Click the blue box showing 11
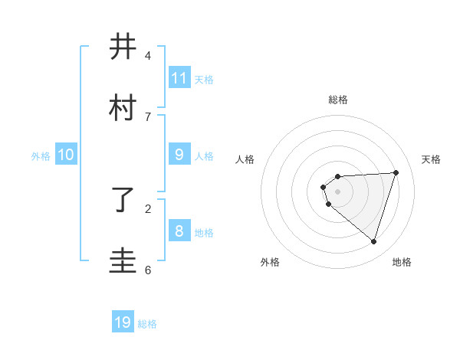click(x=179, y=77)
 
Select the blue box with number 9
click(x=179, y=154)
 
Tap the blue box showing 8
click(x=179, y=231)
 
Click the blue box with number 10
click(x=66, y=154)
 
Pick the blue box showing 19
click(x=123, y=322)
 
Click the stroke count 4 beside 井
click(x=148, y=56)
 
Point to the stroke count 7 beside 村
click(x=148, y=116)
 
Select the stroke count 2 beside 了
click(x=148, y=208)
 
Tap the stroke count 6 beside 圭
click(x=148, y=270)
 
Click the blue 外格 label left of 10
click(x=41, y=156)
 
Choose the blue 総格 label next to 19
click(x=147, y=325)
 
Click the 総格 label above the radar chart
click(x=338, y=100)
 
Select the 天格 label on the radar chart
click(x=431, y=159)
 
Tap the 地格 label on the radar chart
click(x=402, y=262)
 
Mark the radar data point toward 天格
click(x=396, y=172)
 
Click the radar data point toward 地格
click(x=373, y=242)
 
